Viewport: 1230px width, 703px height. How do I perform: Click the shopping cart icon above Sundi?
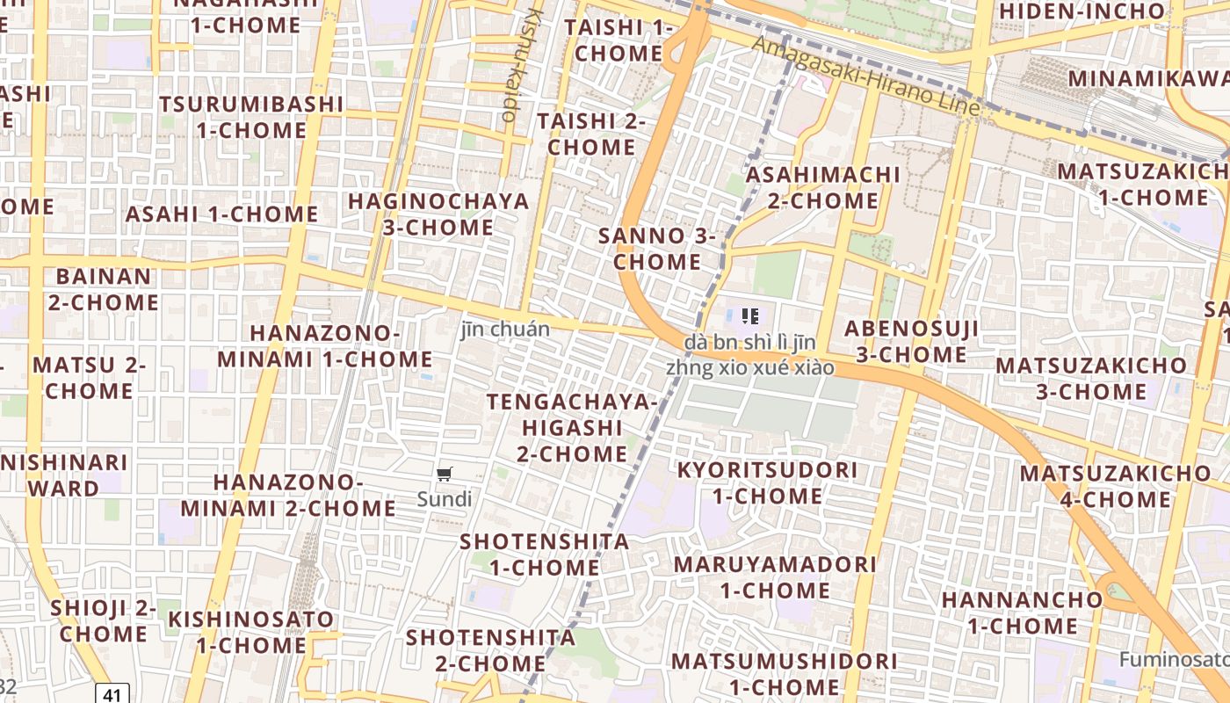[x=445, y=475]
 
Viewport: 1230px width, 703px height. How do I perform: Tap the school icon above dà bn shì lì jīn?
[x=749, y=315]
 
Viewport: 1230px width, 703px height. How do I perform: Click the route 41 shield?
[x=112, y=694]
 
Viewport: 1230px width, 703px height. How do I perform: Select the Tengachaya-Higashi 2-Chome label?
[x=572, y=428]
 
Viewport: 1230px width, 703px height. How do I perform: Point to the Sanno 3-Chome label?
[x=657, y=249]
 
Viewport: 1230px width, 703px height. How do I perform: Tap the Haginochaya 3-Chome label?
[x=439, y=214]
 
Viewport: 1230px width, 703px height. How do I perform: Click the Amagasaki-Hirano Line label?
[x=865, y=76]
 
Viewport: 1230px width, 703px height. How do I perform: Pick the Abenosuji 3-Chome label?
[x=911, y=342]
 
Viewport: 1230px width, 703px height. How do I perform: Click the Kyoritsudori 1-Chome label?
[x=767, y=482]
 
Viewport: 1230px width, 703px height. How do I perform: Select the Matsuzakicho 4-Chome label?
[x=1115, y=487]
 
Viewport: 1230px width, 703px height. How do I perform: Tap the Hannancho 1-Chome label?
[x=1022, y=612]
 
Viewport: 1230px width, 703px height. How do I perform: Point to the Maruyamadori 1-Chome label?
[x=775, y=576]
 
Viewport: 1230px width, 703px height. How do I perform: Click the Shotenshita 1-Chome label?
[x=545, y=554]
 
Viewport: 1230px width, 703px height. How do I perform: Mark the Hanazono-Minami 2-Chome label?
[x=288, y=495]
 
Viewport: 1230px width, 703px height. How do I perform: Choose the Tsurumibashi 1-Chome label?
[x=250, y=117]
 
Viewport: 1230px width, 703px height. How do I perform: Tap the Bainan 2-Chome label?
[x=104, y=289]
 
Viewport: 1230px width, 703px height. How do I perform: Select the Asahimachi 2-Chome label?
[x=822, y=187]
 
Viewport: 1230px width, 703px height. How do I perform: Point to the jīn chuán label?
[x=506, y=330]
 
